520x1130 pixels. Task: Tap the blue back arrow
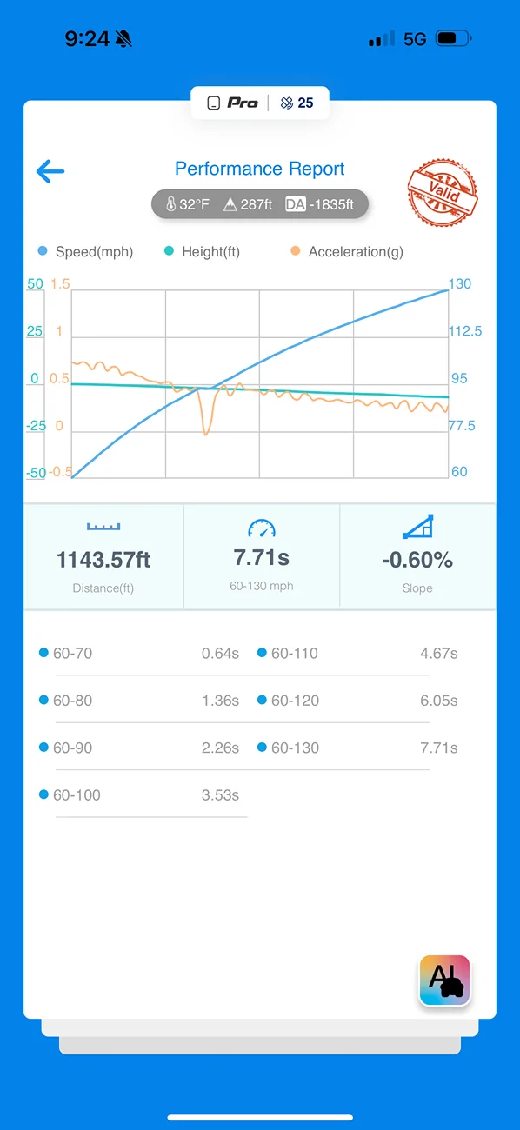(50, 171)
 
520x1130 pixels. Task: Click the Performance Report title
(259, 169)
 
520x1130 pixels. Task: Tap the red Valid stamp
(443, 192)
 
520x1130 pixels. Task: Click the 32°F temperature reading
(188, 204)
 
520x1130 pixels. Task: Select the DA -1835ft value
(320, 204)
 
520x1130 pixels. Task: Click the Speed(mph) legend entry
(86, 251)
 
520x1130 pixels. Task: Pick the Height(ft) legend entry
(203, 251)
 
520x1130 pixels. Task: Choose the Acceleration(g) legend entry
(347, 251)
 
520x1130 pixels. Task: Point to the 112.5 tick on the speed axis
(465, 331)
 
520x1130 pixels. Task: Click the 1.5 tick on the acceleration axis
(60, 283)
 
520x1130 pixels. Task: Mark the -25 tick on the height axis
(36, 426)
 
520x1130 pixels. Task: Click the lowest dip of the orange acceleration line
(205, 434)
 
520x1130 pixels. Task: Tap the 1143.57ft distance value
(103, 560)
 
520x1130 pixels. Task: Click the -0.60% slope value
(417, 560)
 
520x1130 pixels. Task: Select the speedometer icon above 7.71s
(262, 528)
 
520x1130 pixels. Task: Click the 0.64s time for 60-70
(220, 654)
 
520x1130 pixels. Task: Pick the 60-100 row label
(77, 795)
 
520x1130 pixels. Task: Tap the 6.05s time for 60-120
(439, 701)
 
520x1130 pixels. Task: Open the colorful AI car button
(444, 980)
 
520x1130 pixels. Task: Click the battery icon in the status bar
(454, 38)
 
